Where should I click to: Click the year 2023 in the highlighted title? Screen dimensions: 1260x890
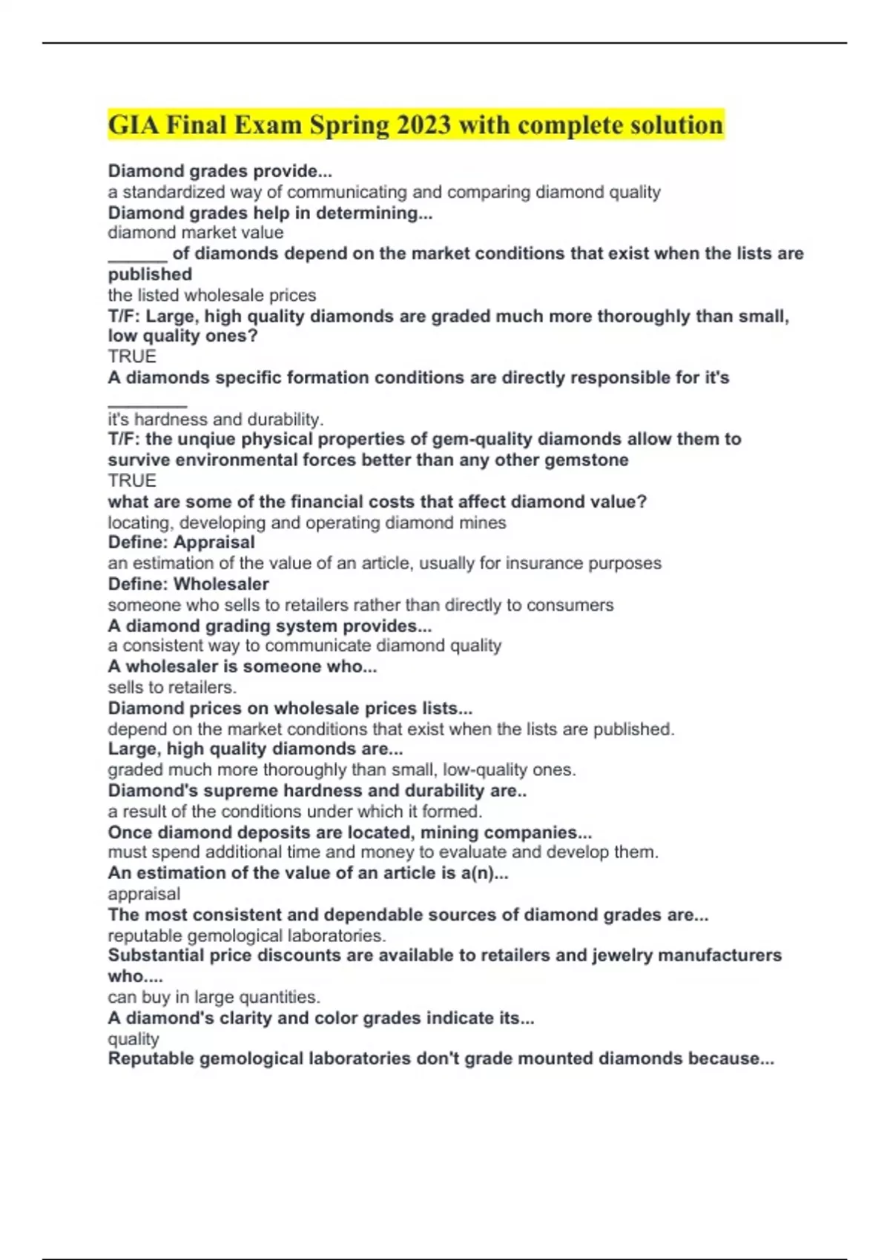point(423,125)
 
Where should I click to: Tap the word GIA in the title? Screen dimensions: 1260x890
point(133,125)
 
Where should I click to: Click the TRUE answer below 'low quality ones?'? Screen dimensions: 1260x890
point(132,357)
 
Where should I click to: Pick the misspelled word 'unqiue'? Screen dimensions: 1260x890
point(204,439)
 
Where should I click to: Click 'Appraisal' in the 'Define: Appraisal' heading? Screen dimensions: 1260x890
point(214,543)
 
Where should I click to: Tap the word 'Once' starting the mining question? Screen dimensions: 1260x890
point(132,832)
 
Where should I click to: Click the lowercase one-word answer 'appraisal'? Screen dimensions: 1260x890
point(144,894)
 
